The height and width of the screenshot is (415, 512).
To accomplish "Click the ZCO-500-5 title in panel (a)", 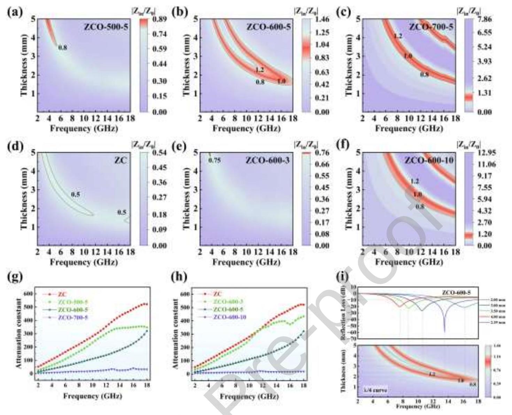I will (x=106, y=27).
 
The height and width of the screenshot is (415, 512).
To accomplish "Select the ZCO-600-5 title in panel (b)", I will (x=268, y=27).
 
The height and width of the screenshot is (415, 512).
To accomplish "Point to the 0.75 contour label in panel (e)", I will (x=215, y=161).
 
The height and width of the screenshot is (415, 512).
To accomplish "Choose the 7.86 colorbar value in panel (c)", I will (x=484, y=20).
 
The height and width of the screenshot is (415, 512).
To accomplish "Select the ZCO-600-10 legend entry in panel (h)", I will (x=230, y=317).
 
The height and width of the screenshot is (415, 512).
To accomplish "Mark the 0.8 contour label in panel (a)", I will (x=63, y=47).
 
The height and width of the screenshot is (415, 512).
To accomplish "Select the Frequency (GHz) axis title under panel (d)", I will (x=84, y=262).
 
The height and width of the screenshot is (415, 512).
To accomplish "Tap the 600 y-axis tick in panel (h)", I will (x=186, y=294).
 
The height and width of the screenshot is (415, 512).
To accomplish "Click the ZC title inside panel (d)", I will (x=122, y=161).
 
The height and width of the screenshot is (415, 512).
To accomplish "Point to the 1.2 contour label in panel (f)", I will (x=415, y=181).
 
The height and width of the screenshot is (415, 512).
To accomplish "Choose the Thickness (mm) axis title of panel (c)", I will (x=349, y=65).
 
